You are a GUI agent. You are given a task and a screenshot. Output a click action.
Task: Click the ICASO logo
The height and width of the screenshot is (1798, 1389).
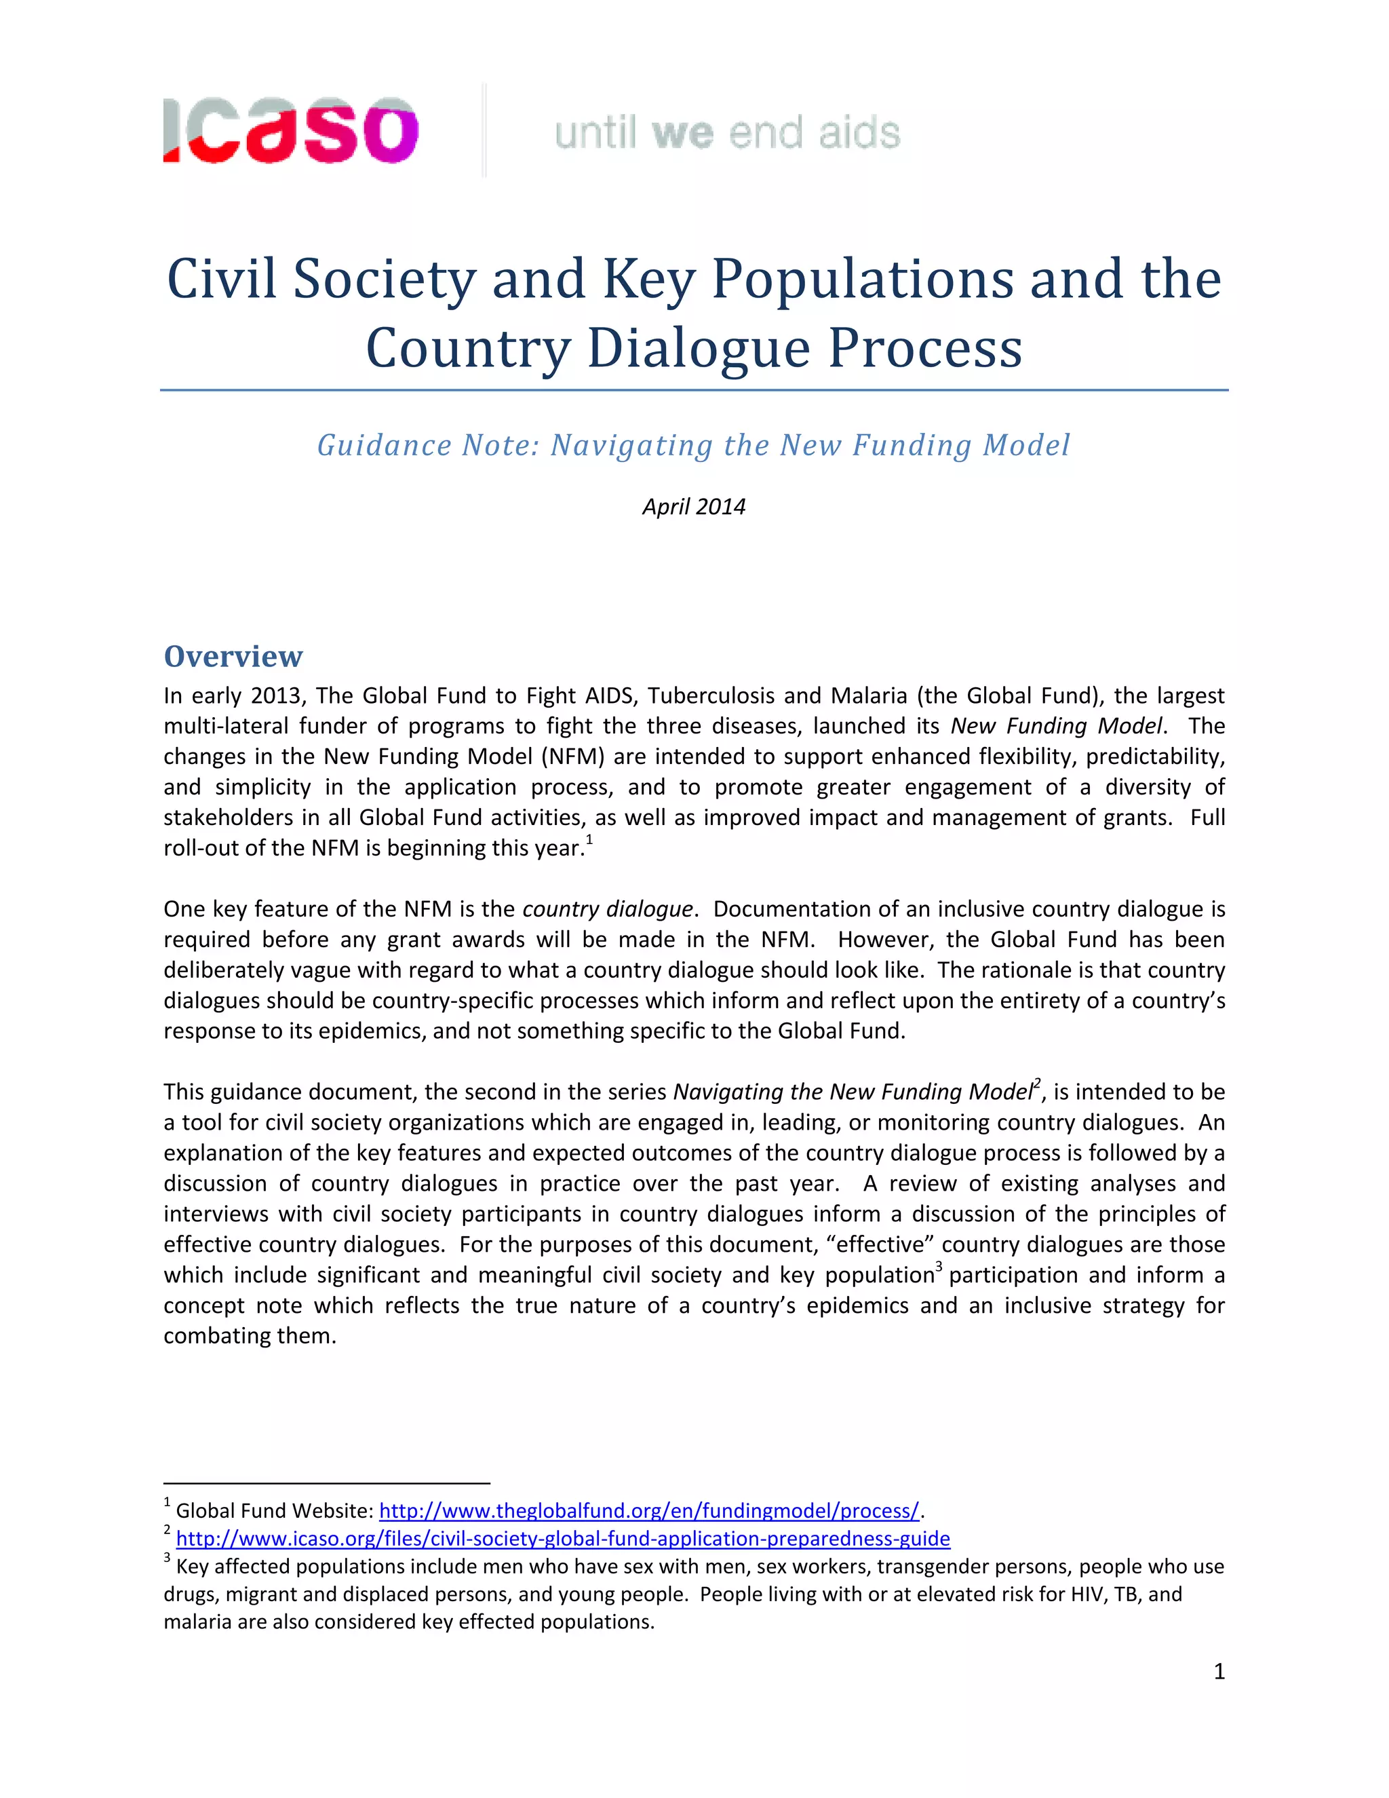[x=290, y=131]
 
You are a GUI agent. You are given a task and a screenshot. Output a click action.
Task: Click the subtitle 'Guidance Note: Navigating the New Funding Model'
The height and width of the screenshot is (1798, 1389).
[x=694, y=445]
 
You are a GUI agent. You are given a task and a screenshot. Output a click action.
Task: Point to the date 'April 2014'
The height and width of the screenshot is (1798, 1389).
[x=694, y=506]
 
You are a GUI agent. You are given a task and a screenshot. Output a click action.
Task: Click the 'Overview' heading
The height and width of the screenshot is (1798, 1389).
[x=233, y=656]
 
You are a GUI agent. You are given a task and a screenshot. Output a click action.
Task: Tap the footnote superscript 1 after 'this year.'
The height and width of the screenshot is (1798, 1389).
[x=589, y=840]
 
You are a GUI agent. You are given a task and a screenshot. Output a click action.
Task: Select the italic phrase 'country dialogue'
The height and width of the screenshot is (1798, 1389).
[x=607, y=909]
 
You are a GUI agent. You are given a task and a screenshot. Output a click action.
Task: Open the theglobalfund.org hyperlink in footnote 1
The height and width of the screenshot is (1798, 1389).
[x=648, y=1511]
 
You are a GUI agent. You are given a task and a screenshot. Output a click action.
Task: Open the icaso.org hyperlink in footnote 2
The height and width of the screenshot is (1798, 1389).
[x=563, y=1539]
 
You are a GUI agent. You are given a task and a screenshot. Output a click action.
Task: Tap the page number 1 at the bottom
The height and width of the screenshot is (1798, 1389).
[x=1219, y=1671]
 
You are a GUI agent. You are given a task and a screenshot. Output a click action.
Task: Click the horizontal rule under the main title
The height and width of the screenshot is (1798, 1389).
[x=694, y=390]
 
